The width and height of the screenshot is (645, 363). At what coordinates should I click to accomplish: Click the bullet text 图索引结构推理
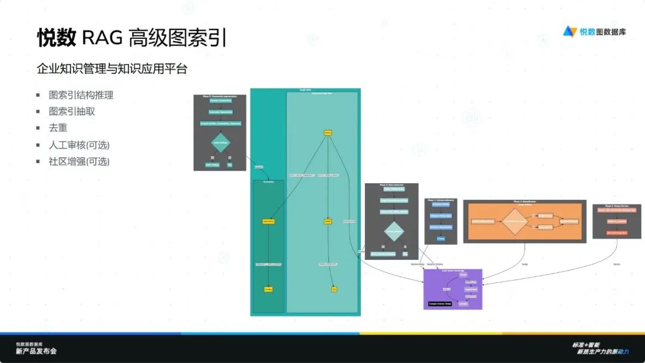81,95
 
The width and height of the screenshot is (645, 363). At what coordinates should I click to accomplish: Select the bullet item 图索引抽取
72,112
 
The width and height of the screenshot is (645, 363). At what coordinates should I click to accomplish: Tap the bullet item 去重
58,128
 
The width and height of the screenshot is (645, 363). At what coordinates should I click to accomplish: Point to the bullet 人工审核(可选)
79,145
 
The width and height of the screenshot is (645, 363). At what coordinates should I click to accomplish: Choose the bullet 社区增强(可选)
79,162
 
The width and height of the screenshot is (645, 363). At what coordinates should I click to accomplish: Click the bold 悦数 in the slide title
57,38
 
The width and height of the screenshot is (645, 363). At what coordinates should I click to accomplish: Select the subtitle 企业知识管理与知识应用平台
112,69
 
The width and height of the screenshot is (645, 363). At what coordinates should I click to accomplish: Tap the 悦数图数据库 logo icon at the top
570,32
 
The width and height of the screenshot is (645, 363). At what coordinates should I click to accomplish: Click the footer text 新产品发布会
36,352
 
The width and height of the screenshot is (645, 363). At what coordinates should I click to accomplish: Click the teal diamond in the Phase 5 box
221,143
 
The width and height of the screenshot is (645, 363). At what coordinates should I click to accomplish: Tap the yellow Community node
268,222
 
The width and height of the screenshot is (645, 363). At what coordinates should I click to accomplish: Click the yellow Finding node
268,289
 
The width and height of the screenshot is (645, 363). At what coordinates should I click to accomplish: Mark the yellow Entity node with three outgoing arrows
328,133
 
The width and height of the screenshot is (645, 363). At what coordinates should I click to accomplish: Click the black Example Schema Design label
440,304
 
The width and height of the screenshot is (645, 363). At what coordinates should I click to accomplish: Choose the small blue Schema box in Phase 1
441,238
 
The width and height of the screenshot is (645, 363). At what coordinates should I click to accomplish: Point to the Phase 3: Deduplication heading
524,202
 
